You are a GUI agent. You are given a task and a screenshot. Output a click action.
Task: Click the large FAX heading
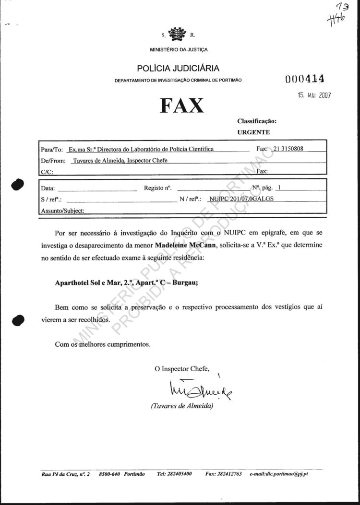coord(182,105)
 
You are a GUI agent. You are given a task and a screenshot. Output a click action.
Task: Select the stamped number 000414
coord(305,79)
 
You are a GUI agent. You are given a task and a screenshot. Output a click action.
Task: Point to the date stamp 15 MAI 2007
coord(314,95)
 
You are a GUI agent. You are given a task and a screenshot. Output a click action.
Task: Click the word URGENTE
coord(253,132)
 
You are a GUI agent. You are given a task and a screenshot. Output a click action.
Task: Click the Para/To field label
coord(52,150)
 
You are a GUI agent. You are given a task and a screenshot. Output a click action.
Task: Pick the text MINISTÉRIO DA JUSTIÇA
coord(179,49)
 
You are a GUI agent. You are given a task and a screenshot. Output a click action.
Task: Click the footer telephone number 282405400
coord(174,474)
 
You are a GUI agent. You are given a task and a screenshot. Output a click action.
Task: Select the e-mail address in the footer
coord(279,474)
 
